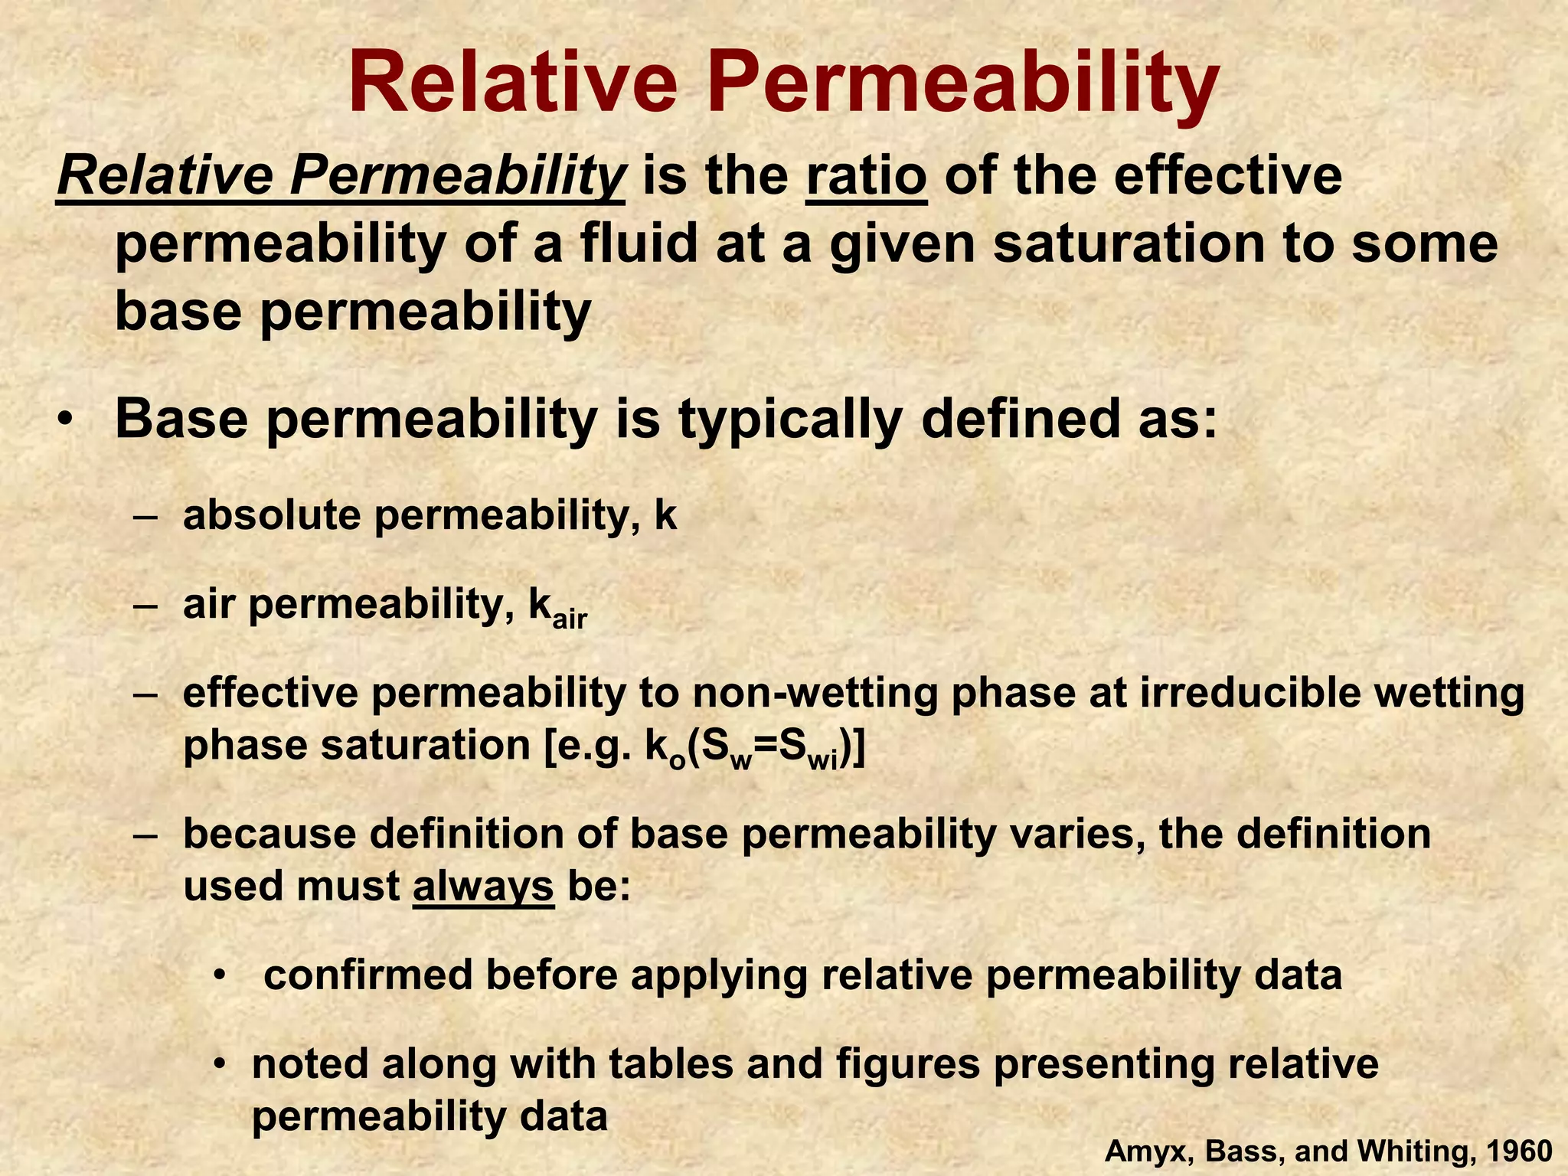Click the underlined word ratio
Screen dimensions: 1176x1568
click(866, 176)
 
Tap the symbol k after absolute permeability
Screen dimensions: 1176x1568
click(665, 515)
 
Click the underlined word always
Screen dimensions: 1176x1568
click(483, 887)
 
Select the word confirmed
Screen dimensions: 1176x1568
click(367, 975)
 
